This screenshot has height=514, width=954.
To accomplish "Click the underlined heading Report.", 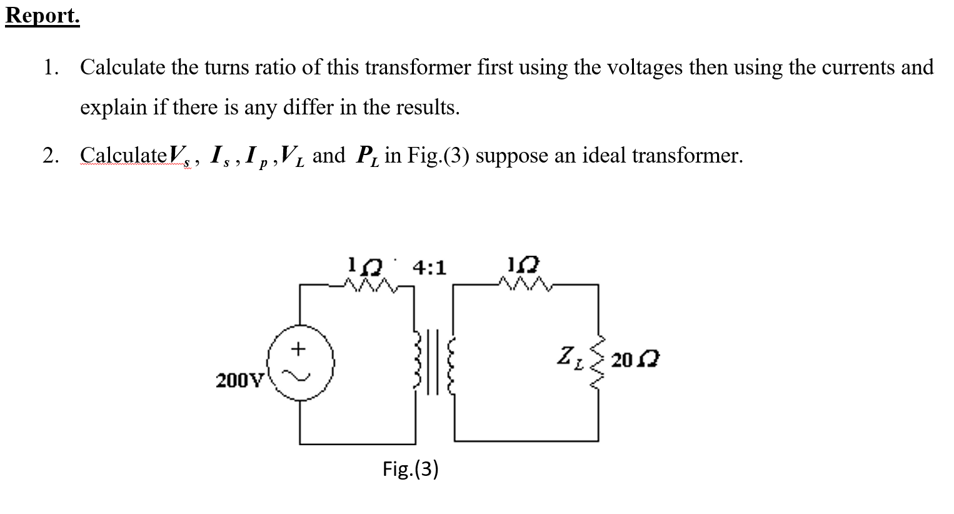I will coord(43,16).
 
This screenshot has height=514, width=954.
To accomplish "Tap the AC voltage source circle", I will coord(300,363).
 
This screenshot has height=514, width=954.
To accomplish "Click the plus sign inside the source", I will coord(299,348).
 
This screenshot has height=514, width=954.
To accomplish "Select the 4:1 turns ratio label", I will coord(430,268).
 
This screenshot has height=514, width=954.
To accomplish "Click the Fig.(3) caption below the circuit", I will coord(411,468).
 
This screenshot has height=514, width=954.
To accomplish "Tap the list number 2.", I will coord(51,155).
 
